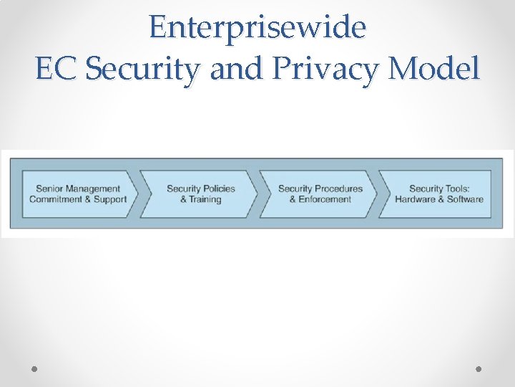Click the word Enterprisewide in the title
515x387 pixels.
coord(257,27)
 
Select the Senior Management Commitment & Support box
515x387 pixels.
coord(77,193)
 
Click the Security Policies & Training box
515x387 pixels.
coord(199,193)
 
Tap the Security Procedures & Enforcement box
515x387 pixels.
coord(319,193)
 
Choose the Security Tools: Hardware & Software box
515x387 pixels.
coord(438,193)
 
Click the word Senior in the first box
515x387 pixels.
coord(49,188)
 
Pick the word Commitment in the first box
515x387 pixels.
coord(57,199)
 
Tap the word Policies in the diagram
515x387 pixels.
coord(218,188)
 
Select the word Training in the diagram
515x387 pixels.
coord(205,199)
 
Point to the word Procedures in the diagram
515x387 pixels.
coord(338,188)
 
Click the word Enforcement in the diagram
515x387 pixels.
coord(325,199)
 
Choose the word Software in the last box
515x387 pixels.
coord(465,199)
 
